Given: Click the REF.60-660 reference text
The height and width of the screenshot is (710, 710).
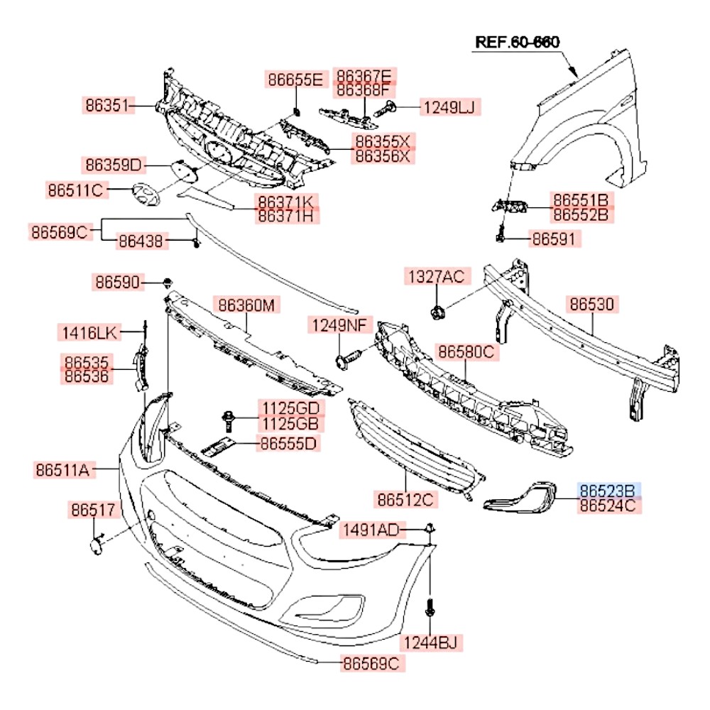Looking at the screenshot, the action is [x=517, y=42].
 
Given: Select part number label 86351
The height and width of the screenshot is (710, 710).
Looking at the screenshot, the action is [x=107, y=105].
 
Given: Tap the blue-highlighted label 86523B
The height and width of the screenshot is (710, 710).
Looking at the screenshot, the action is [x=608, y=491].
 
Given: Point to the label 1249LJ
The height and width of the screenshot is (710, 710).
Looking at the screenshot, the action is [x=449, y=107].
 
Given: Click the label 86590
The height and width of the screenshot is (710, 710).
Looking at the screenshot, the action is [x=117, y=282].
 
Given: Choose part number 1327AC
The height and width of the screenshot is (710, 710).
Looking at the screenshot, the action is [x=437, y=276].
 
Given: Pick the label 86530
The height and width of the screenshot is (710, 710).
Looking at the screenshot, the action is [x=592, y=305].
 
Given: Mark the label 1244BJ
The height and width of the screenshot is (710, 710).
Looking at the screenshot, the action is [x=430, y=642].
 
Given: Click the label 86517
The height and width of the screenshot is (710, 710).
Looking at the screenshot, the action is [x=93, y=510].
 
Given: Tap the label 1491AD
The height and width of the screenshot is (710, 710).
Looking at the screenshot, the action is [x=371, y=530].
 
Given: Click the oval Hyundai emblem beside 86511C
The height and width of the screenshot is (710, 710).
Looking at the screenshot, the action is [x=146, y=195].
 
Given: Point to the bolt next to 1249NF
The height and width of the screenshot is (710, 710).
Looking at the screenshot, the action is [x=348, y=359].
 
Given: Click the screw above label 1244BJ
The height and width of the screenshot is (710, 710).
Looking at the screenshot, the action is [x=430, y=607].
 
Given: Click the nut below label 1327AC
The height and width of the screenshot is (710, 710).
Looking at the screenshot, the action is [x=437, y=312].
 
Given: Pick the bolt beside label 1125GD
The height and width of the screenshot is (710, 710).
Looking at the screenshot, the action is [x=228, y=420].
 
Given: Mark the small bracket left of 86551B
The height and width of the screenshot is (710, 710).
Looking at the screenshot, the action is [x=510, y=206].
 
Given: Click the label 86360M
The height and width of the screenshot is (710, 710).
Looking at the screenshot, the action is [x=246, y=305].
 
